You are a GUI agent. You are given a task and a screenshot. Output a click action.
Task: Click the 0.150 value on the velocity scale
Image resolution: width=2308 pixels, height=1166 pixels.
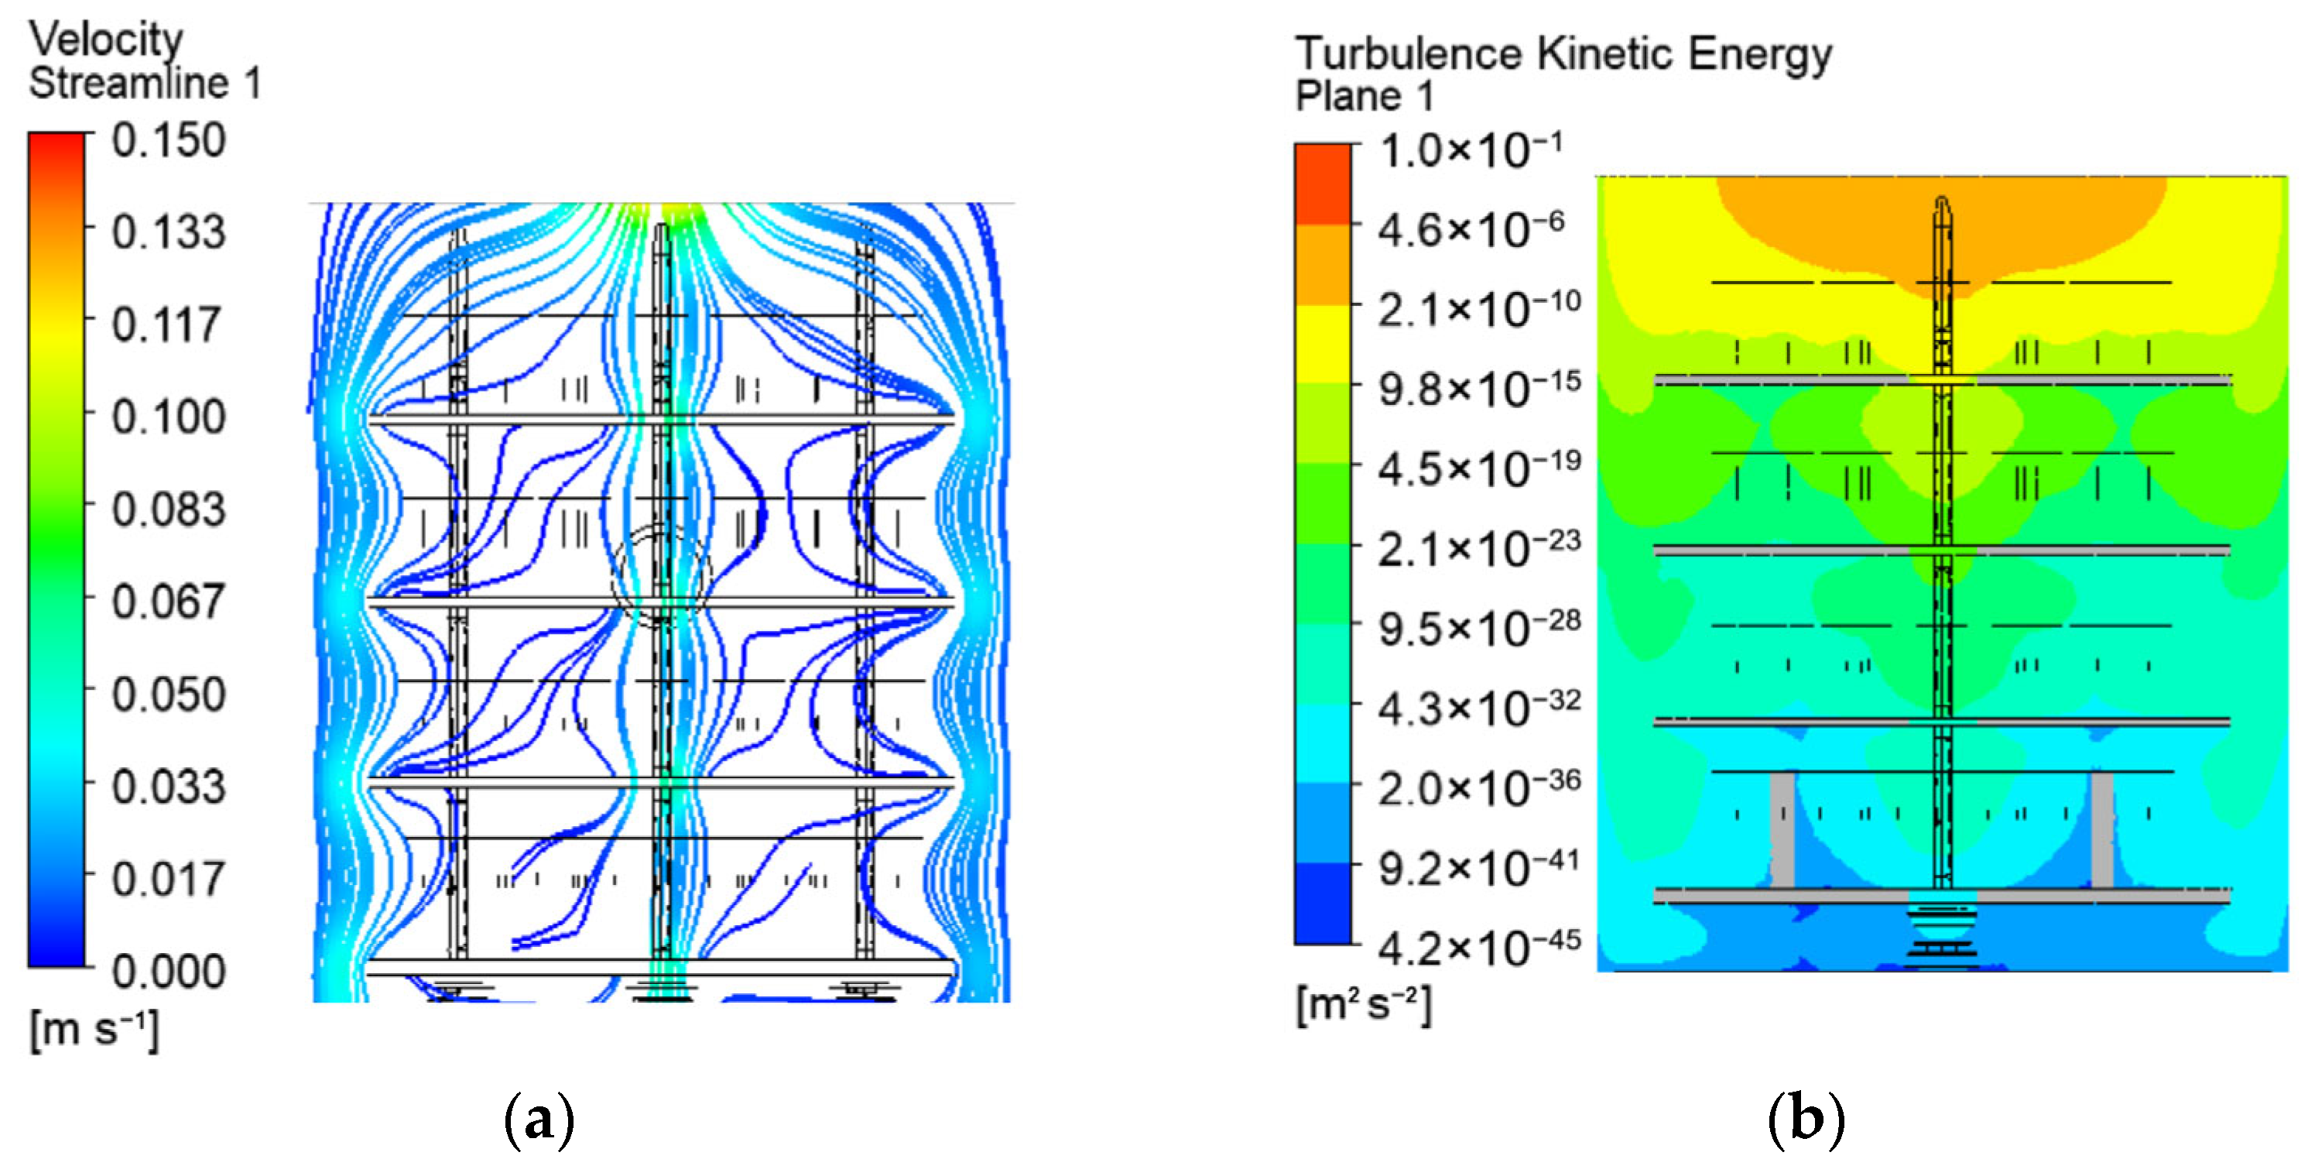tap(169, 141)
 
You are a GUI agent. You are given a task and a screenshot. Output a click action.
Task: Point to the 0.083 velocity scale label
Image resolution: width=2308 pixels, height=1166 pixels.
tap(169, 510)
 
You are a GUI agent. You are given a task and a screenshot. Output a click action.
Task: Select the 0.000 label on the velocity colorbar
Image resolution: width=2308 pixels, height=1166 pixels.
tap(169, 972)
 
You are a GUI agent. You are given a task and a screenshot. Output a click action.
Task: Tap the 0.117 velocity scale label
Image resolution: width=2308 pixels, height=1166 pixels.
tap(166, 324)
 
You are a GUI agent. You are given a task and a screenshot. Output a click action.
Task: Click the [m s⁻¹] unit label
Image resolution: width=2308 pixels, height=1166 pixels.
tap(95, 1030)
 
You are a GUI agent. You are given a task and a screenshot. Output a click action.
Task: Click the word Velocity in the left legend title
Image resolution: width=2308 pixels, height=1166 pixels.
tap(106, 39)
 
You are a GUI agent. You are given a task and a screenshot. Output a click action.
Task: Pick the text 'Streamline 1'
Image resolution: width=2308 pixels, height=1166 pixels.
tap(146, 82)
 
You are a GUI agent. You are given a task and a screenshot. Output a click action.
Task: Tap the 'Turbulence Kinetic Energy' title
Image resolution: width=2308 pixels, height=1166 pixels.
tap(1563, 53)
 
